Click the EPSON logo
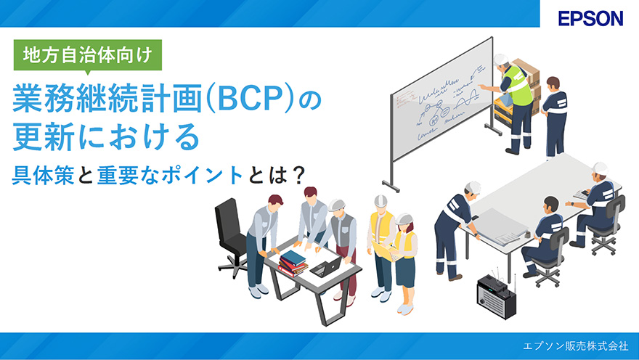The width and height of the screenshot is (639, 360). [x=590, y=18]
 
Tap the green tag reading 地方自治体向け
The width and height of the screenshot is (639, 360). [x=88, y=55]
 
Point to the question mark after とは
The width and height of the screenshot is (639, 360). [x=299, y=175]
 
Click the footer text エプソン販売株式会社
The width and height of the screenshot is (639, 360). [x=575, y=346]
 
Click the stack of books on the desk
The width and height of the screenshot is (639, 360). [x=293, y=263]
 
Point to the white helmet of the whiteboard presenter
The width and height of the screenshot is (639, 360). [x=501, y=60]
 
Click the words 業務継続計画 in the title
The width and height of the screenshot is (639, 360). [x=107, y=99]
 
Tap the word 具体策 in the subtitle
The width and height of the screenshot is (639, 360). [x=43, y=175]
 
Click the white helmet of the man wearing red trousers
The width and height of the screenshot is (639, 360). [x=336, y=205]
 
